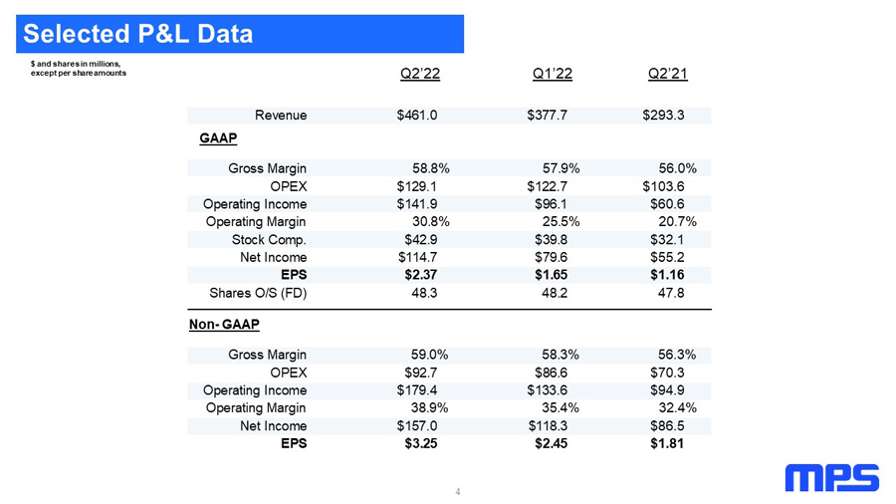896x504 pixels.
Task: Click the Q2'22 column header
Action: point(420,74)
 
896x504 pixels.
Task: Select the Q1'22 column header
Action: point(552,74)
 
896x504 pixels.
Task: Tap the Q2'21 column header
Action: point(667,74)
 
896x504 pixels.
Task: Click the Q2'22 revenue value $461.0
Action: point(417,116)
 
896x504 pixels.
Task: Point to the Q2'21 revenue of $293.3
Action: point(663,116)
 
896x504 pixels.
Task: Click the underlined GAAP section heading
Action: point(218,138)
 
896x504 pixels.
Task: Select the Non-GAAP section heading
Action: point(224,325)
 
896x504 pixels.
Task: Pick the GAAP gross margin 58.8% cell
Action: point(431,168)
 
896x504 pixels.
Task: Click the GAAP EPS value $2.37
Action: point(421,275)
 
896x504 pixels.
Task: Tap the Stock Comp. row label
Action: point(269,240)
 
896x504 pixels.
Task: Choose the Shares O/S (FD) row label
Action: point(258,293)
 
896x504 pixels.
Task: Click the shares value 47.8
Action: point(671,293)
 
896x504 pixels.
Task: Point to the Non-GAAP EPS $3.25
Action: point(421,443)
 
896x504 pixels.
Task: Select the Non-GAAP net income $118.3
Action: point(548,426)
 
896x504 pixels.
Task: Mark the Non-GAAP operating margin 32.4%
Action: point(678,408)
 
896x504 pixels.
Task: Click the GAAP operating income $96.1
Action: point(552,204)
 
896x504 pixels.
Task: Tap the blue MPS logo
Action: point(832,478)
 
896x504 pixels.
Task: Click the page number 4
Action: point(458,491)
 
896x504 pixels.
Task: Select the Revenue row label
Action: point(281,116)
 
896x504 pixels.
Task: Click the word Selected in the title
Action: point(77,34)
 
